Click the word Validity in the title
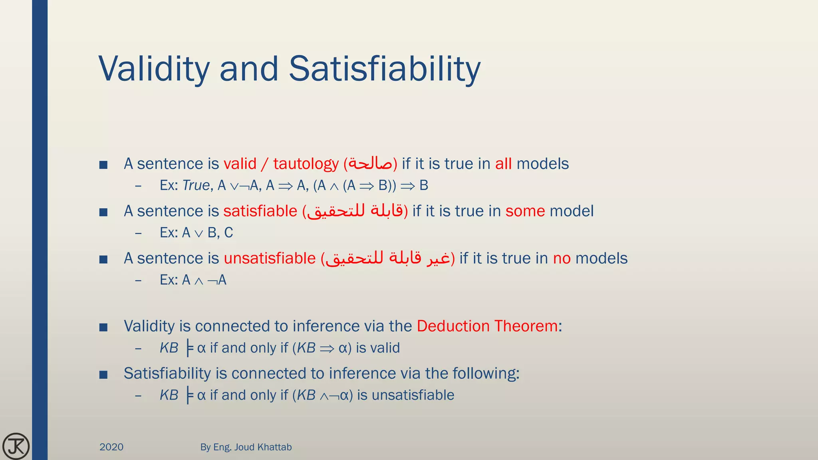(x=154, y=69)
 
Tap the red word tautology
(x=306, y=164)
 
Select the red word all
(x=503, y=164)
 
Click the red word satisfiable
(x=260, y=211)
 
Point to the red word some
(x=525, y=211)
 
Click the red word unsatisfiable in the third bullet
(x=270, y=258)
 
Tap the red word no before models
(x=562, y=258)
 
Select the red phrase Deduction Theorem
(x=487, y=326)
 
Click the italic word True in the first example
(x=196, y=185)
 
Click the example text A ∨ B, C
(x=207, y=232)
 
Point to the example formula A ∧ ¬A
(x=204, y=280)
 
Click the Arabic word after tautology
(x=370, y=164)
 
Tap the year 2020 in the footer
(x=111, y=447)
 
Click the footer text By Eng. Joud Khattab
(x=246, y=447)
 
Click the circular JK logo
(x=16, y=446)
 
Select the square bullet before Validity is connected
(x=103, y=328)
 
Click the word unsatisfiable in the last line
(x=413, y=395)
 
